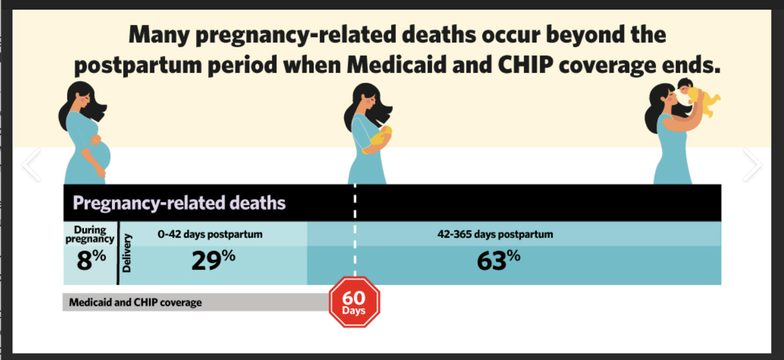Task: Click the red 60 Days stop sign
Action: point(354,302)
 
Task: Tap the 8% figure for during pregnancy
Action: point(91,260)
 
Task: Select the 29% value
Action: point(213,260)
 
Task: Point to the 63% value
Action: point(498,260)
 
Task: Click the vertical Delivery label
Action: point(126,253)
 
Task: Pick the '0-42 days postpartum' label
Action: point(210,234)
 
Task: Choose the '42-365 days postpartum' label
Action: point(495,234)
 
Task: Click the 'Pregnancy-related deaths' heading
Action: point(179,203)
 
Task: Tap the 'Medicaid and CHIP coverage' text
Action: point(135,302)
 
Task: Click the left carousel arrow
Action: point(32,164)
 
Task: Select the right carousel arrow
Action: point(752,164)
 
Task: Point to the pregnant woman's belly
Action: point(101,154)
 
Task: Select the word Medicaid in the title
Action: point(397,65)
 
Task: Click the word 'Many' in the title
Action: point(159,35)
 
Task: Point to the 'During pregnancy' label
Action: point(90,234)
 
